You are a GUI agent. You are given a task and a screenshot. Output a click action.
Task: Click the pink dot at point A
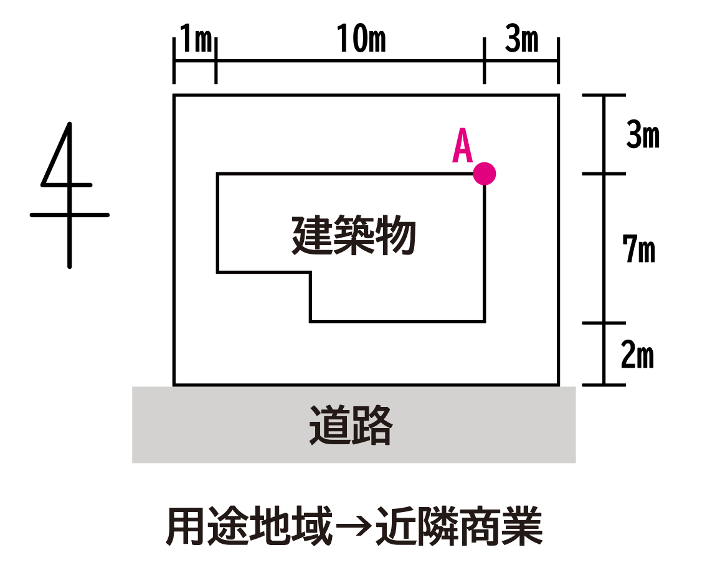(484, 174)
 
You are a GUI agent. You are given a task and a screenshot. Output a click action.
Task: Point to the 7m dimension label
(638, 249)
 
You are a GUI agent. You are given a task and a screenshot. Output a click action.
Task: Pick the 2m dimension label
(637, 355)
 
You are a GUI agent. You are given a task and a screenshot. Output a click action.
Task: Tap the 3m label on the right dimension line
(642, 136)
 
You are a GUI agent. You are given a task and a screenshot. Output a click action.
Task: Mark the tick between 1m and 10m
(216, 61)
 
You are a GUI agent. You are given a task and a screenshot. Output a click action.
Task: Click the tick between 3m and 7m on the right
(603, 174)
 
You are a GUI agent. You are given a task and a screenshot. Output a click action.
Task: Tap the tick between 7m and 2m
(603, 322)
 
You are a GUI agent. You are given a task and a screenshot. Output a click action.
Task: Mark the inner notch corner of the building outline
(310, 272)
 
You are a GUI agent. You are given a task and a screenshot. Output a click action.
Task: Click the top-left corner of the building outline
(217, 174)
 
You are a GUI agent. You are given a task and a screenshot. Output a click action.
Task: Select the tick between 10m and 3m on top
(484, 61)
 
